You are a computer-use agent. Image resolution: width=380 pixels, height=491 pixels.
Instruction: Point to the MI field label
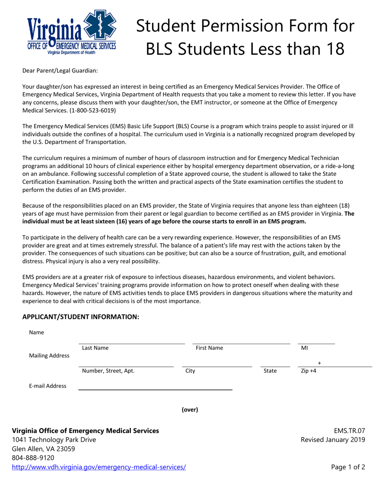[304, 348]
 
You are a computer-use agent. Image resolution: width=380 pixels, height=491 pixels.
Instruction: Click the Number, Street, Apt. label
[108, 371]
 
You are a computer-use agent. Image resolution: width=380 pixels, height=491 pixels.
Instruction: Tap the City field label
[190, 371]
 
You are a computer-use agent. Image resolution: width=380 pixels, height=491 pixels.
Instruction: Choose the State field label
[270, 371]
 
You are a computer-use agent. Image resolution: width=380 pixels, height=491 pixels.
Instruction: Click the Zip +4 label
[308, 371]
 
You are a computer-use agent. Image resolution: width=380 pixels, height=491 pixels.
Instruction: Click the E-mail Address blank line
[155, 389]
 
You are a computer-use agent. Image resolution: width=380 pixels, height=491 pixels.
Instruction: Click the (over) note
[190, 410]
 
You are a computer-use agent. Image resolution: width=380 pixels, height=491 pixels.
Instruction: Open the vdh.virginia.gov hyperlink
[99, 467]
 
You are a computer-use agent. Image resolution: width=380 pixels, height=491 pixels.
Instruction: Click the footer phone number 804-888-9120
[33, 458]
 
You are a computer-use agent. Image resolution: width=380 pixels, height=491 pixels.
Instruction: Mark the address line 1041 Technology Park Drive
[54, 440]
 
